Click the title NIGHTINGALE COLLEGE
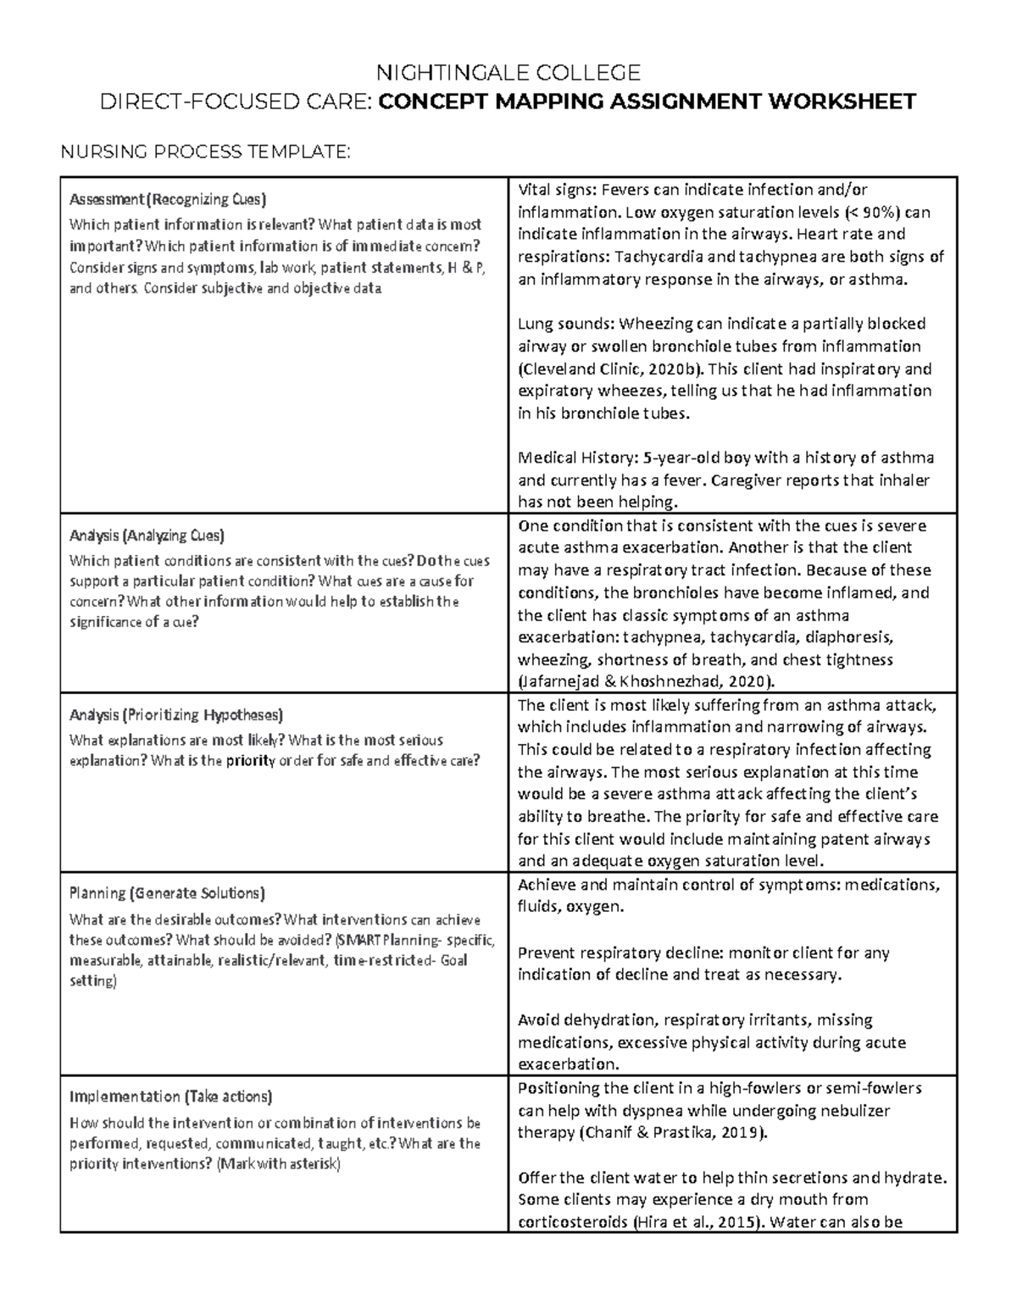click(x=508, y=72)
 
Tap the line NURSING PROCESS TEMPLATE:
click(x=203, y=152)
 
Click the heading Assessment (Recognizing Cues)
click(x=168, y=200)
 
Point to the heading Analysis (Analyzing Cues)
click(x=147, y=536)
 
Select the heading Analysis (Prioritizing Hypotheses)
click(x=176, y=714)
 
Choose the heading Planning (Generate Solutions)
click(x=167, y=893)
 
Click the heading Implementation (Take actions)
click(x=170, y=1097)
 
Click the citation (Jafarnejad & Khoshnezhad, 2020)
click(x=646, y=682)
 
